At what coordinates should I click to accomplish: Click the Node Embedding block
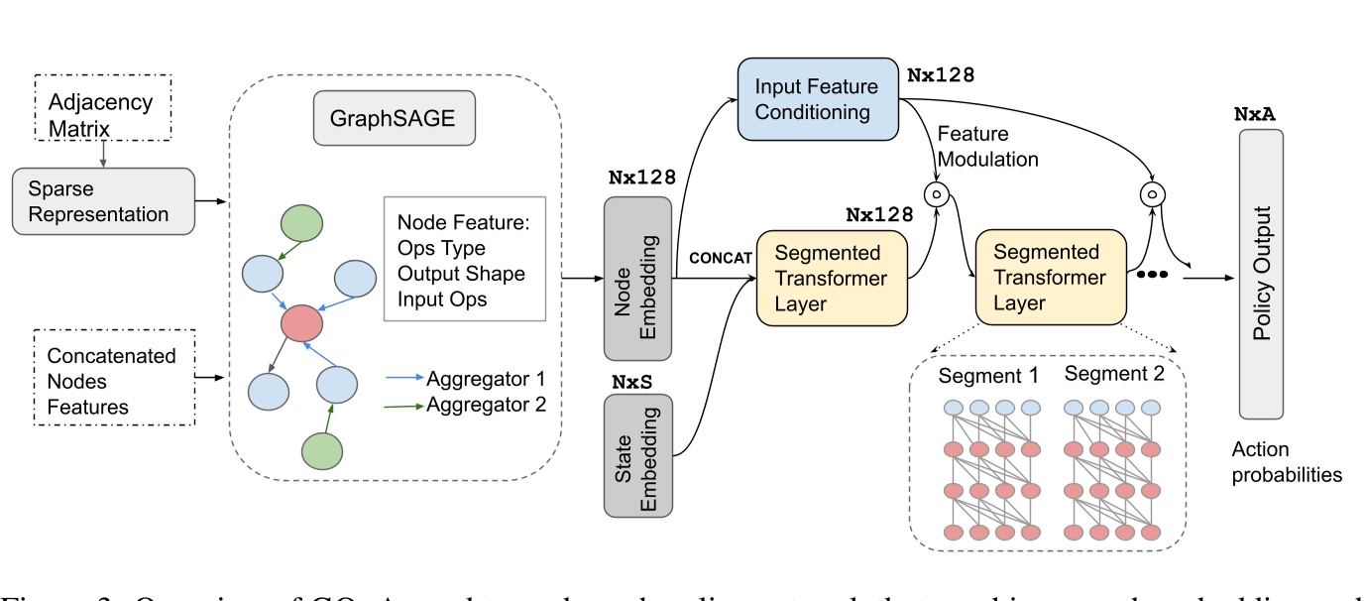click(x=636, y=278)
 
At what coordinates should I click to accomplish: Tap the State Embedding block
click(x=636, y=455)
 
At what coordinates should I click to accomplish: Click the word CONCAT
click(x=718, y=258)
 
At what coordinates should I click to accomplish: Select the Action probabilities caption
click(x=1287, y=462)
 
